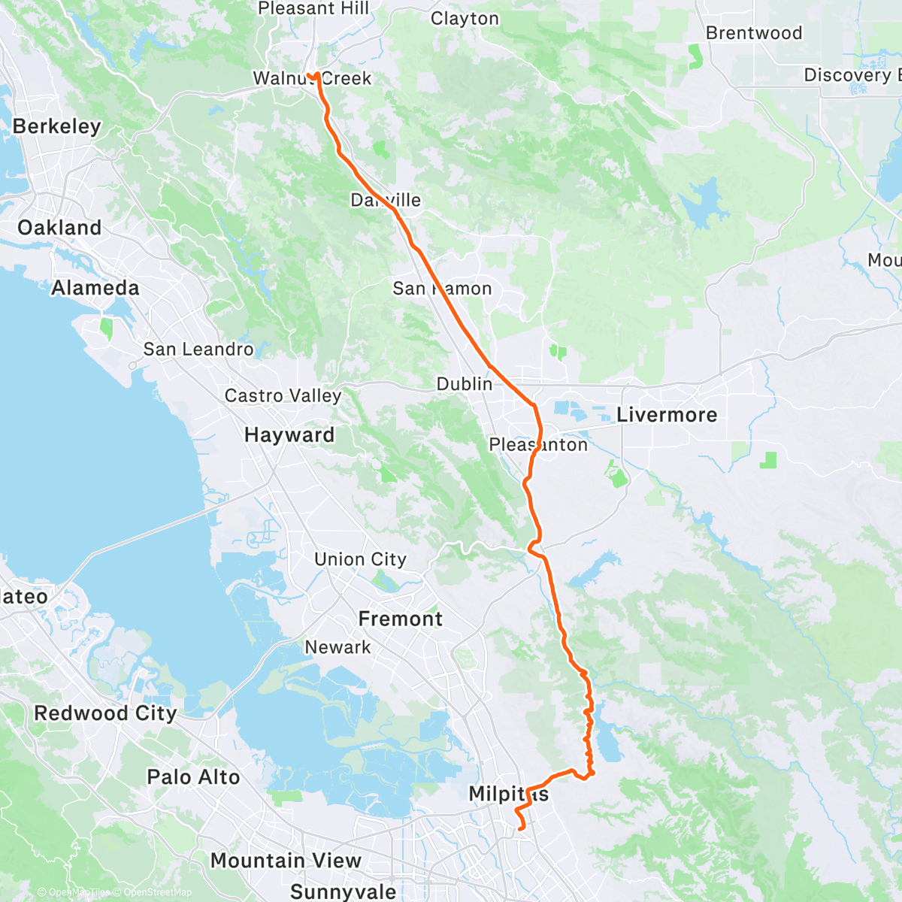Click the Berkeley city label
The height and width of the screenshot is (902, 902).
coord(57,126)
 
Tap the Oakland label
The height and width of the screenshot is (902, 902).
coord(59,228)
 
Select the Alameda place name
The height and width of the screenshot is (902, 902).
coord(95,288)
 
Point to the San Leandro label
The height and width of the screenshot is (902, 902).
coord(198,350)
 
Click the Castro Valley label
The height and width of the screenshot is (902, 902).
coord(283,396)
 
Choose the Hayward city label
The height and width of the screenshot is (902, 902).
coord(289,435)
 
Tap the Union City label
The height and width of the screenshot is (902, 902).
coord(360,559)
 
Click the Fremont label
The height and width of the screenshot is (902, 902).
coord(401,619)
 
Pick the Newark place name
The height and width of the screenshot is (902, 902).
coord(337,647)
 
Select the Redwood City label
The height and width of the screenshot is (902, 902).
coord(105,713)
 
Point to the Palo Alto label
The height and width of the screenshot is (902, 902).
coord(193,777)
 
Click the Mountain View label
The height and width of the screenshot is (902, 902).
coord(286,861)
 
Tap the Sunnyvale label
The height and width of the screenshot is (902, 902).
coord(344,891)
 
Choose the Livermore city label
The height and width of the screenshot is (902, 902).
coord(667,415)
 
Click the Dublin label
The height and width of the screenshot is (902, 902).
coord(465,384)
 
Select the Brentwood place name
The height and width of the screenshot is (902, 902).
coord(754,33)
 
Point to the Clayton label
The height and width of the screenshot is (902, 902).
coord(465,19)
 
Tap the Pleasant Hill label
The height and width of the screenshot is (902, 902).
coord(313,9)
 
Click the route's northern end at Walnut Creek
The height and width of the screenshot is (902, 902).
coord(309,74)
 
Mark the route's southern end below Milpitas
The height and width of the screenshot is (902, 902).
coord(521,828)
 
